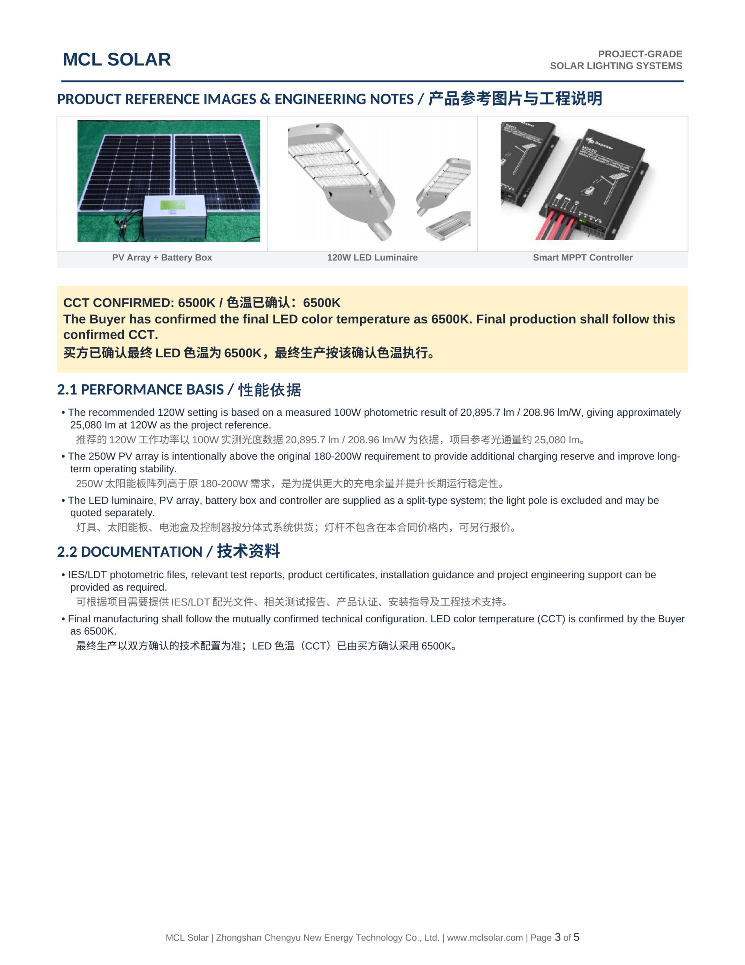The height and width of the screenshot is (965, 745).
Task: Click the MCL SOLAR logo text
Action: click(x=117, y=59)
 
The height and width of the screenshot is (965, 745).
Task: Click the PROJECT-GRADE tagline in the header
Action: click(x=640, y=54)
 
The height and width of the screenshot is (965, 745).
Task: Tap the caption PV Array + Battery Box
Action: click(x=162, y=257)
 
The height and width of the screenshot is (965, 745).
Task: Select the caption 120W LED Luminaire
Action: click(x=372, y=257)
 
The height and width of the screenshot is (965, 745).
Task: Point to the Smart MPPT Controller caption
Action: click(x=583, y=257)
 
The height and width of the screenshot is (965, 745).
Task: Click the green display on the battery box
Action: click(x=173, y=205)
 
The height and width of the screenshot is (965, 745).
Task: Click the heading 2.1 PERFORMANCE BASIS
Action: click(x=140, y=389)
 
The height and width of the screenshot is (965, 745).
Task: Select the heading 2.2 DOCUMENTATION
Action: click(x=130, y=551)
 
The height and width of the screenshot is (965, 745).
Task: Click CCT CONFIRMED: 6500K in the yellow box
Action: click(x=139, y=303)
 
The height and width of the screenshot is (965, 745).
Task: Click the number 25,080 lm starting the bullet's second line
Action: click(x=93, y=425)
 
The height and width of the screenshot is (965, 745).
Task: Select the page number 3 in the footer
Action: click(x=558, y=937)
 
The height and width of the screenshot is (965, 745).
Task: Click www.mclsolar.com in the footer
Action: click(x=484, y=937)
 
